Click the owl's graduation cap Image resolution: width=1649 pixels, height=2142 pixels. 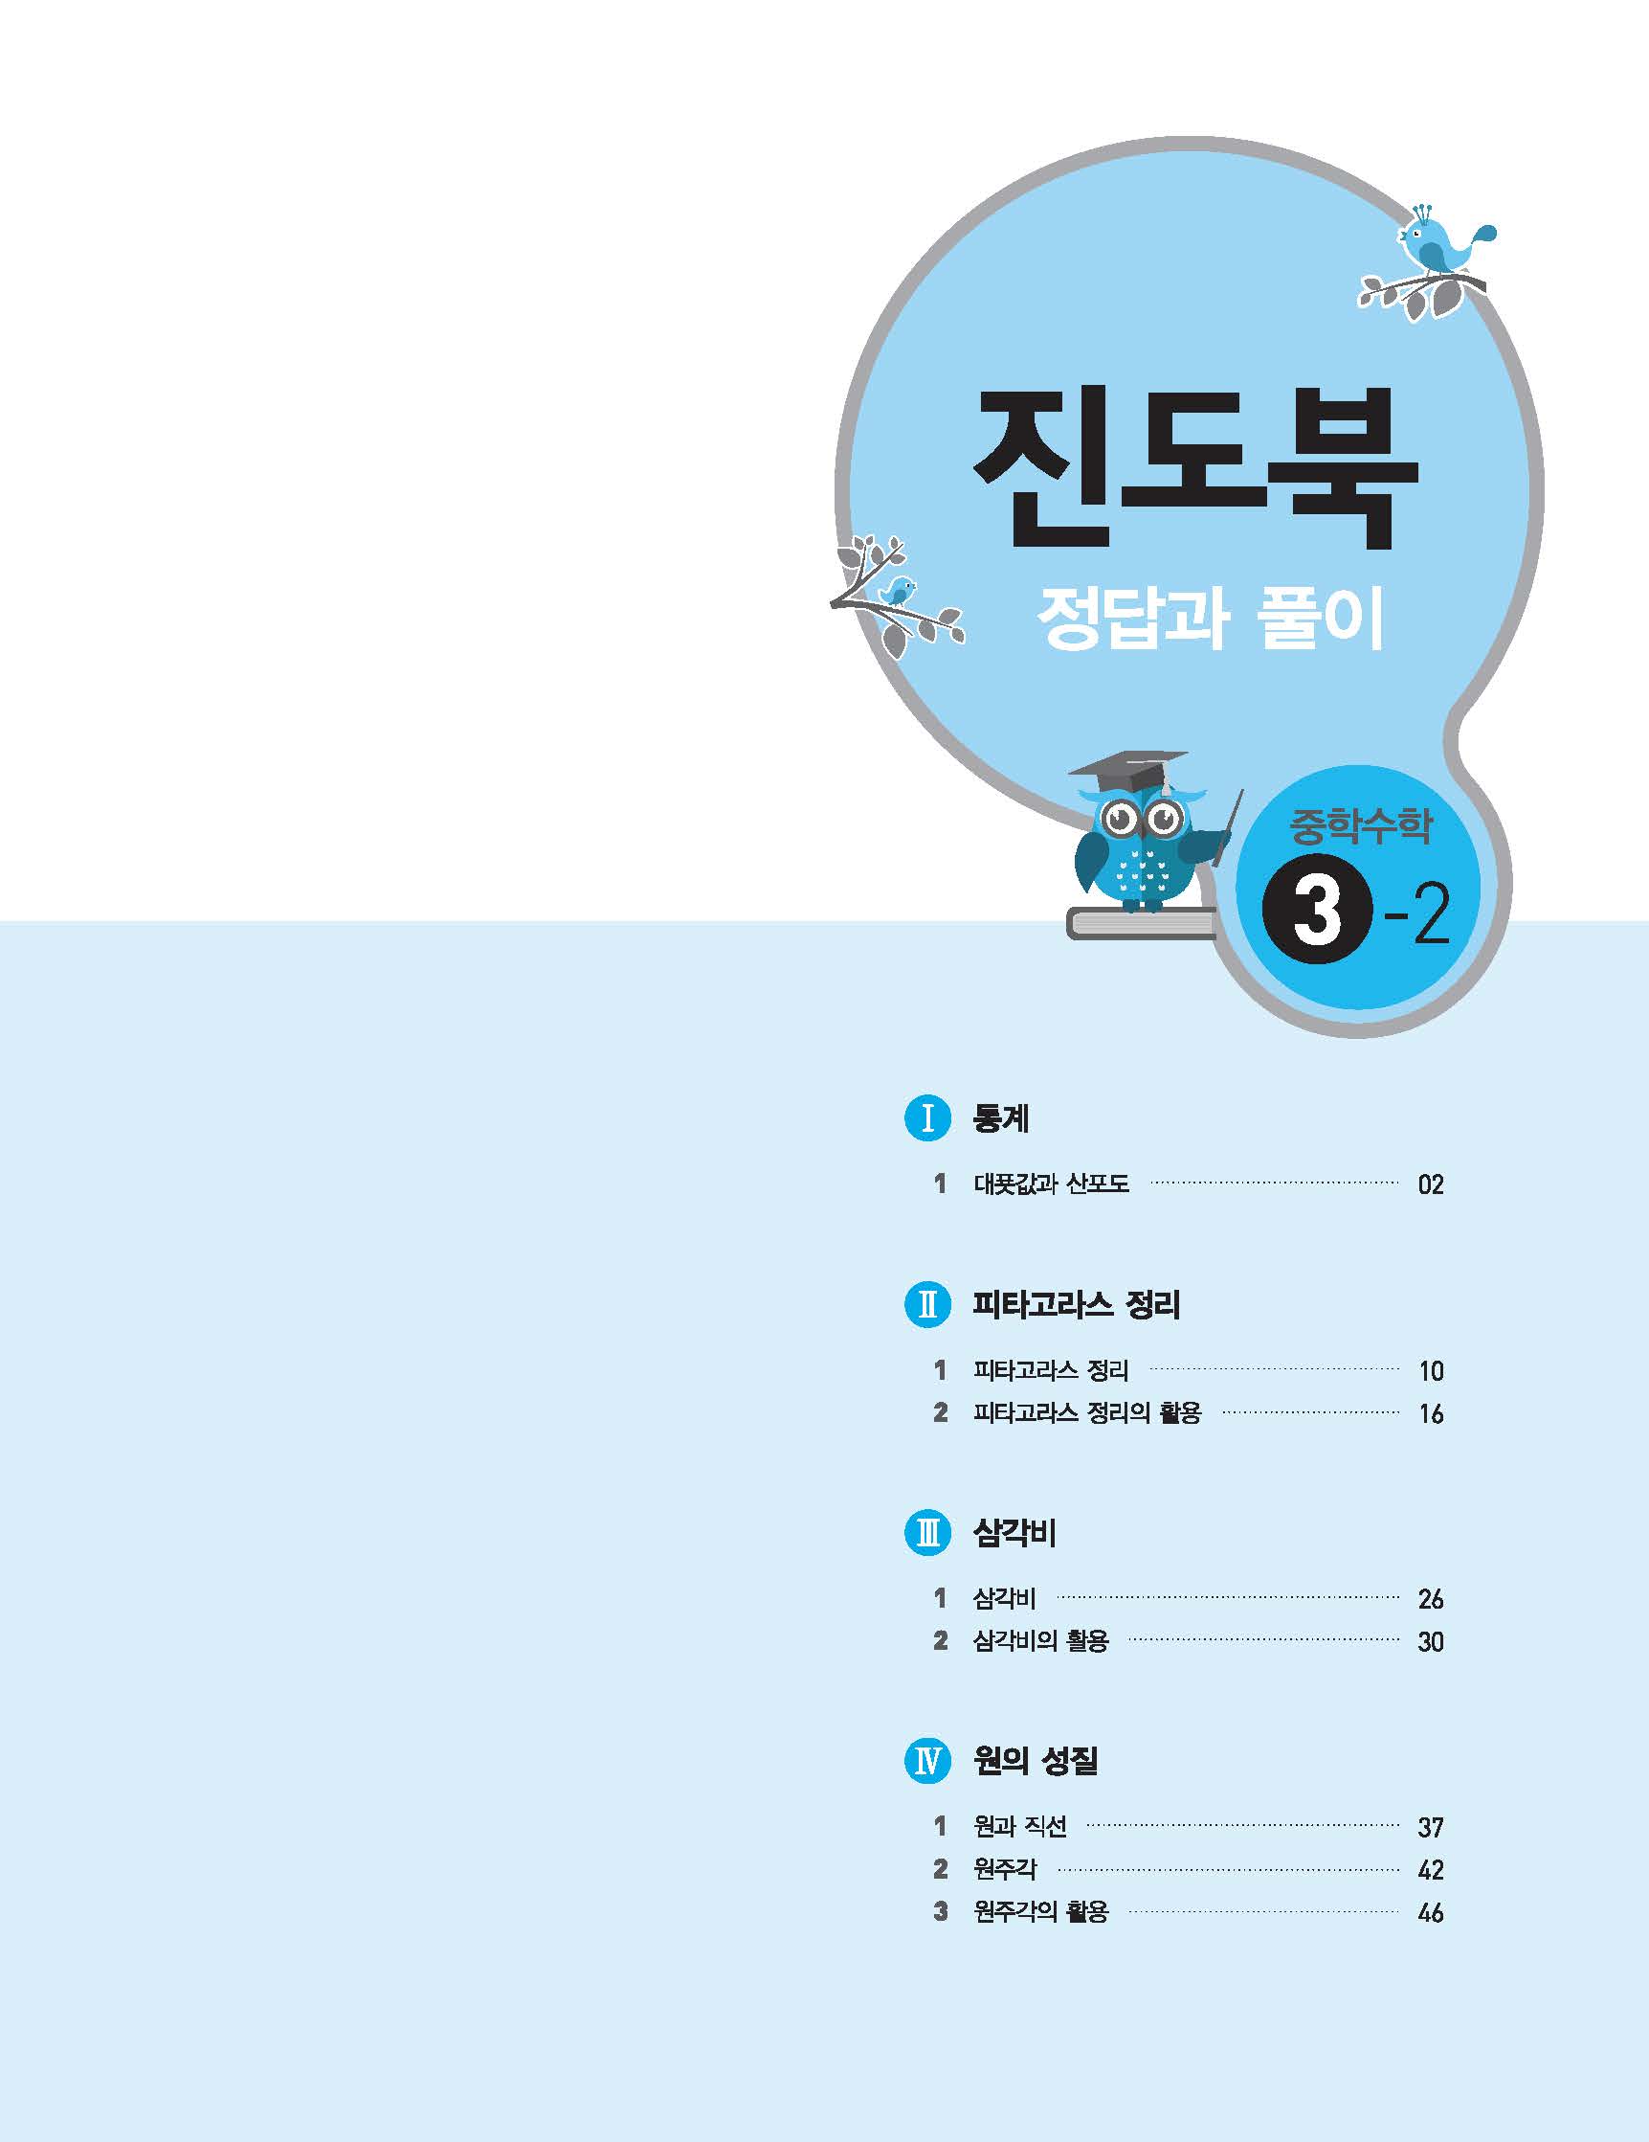coord(1127,771)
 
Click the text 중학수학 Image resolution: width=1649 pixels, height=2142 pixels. coord(1360,825)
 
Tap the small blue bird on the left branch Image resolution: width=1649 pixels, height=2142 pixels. coord(897,591)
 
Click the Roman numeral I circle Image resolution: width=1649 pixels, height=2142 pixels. coord(926,1118)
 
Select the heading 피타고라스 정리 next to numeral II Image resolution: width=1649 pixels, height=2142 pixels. coord(1077,1305)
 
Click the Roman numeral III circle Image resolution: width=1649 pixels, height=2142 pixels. coord(926,1533)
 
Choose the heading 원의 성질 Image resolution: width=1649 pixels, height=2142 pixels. coord(1036,1762)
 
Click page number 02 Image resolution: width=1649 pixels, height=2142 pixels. coord(1431,1184)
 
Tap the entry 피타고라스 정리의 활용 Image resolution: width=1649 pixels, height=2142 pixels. coord(1086,1413)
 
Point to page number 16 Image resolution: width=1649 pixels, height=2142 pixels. coord(1431,1414)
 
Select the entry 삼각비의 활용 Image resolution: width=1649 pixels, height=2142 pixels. coord(1040,1641)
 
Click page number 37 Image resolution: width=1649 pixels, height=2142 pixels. coord(1431,1827)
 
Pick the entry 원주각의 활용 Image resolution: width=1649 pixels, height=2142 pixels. coord(1040,1911)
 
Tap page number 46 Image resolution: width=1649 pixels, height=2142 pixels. coord(1431,1912)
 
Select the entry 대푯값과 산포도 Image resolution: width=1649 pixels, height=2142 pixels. coord(1051,1184)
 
